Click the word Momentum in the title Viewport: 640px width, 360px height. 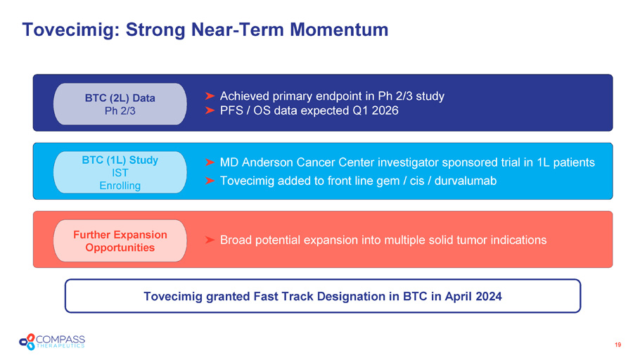click(339, 30)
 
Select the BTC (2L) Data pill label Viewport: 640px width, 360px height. click(120, 104)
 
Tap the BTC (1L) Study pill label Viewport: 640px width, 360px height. click(120, 172)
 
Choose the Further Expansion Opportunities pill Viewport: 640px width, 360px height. click(120, 240)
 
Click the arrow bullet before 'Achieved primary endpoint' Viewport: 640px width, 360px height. click(210, 96)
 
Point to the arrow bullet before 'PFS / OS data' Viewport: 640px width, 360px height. click(210, 110)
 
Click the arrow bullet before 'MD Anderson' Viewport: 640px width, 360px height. click(210, 162)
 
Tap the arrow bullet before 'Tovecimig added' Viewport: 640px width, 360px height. click(210, 181)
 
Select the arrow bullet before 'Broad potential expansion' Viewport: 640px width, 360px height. click(210, 240)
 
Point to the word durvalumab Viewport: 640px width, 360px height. click(466, 181)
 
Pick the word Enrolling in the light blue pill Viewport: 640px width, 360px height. click(120, 186)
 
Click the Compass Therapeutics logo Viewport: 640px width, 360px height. click(52, 342)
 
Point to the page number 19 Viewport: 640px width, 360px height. click(618, 345)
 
